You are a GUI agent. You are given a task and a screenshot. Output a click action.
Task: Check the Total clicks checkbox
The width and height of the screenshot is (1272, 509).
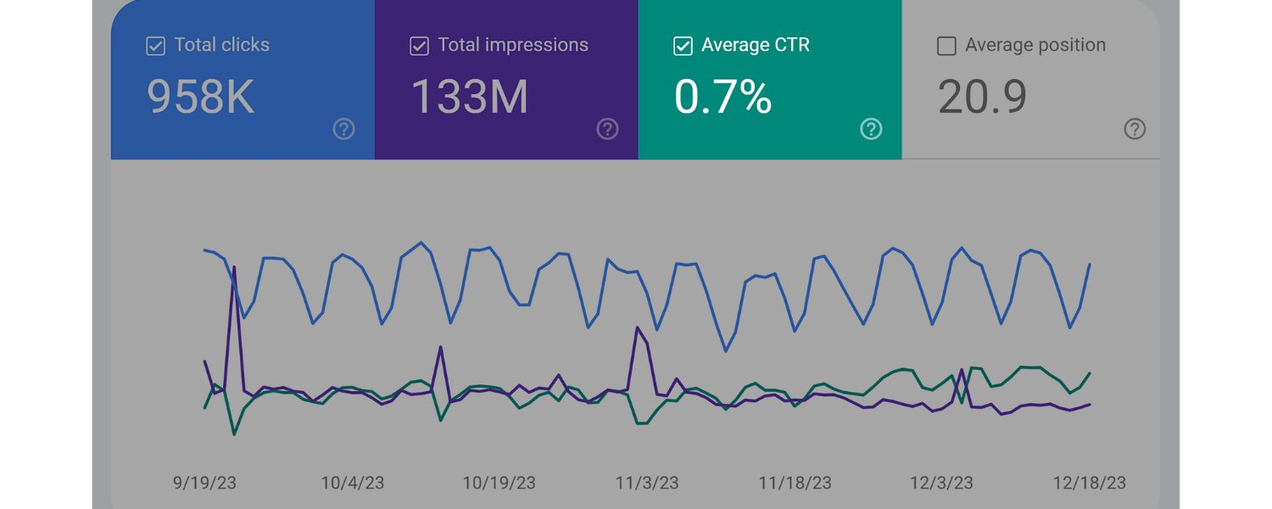(x=155, y=46)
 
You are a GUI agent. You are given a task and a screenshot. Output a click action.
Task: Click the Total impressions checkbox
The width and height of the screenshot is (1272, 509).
(x=419, y=46)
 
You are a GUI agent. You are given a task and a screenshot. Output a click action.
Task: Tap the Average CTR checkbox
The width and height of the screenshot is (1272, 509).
(x=683, y=46)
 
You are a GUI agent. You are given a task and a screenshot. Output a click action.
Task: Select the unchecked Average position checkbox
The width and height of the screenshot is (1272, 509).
(x=946, y=46)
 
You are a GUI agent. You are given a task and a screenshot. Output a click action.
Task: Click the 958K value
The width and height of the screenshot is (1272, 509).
(x=201, y=97)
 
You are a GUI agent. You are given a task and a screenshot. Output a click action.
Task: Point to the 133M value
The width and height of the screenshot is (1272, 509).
(x=470, y=97)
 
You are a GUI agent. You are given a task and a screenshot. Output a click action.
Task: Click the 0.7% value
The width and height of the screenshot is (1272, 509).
(x=723, y=97)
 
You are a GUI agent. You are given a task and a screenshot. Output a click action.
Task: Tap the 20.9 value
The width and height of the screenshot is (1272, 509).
(x=983, y=97)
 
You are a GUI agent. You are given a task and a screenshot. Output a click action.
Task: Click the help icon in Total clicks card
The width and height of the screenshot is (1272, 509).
(x=343, y=129)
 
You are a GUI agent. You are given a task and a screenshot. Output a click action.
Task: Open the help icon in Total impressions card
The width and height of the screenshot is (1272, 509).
(x=607, y=129)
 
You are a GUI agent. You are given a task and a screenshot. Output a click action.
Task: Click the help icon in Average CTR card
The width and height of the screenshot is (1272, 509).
(x=871, y=129)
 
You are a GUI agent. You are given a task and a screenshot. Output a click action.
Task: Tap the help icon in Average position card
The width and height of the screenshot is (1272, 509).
(x=1135, y=129)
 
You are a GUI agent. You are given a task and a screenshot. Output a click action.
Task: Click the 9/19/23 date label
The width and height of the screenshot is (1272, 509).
(x=204, y=483)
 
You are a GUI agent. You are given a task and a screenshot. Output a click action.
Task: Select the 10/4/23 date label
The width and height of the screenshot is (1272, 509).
(x=352, y=483)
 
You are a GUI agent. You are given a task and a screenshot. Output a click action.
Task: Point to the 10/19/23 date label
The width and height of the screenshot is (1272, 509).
(x=499, y=483)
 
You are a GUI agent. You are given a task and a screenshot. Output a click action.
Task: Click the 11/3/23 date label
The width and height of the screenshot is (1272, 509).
(x=647, y=483)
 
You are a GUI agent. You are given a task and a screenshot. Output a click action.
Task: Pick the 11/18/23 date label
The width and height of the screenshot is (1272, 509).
(x=794, y=483)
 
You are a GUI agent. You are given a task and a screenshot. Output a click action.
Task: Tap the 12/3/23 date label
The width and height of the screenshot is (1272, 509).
(x=941, y=483)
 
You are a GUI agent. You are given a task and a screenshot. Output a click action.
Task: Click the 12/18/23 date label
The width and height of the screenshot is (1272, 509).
(x=1089, y=483)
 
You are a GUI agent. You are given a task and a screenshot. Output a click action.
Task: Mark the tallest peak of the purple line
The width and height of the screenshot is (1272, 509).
(x=234, y=267)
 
